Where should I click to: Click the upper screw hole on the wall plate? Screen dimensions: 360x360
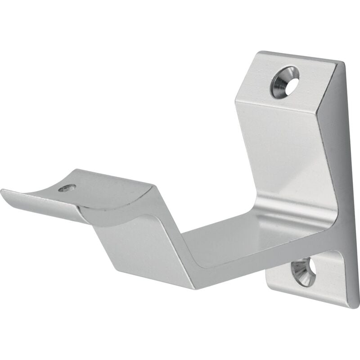pos(285,81)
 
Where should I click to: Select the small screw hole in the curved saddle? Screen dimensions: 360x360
pos(67,188)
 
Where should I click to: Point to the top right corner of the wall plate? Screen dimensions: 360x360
pos(342,63)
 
